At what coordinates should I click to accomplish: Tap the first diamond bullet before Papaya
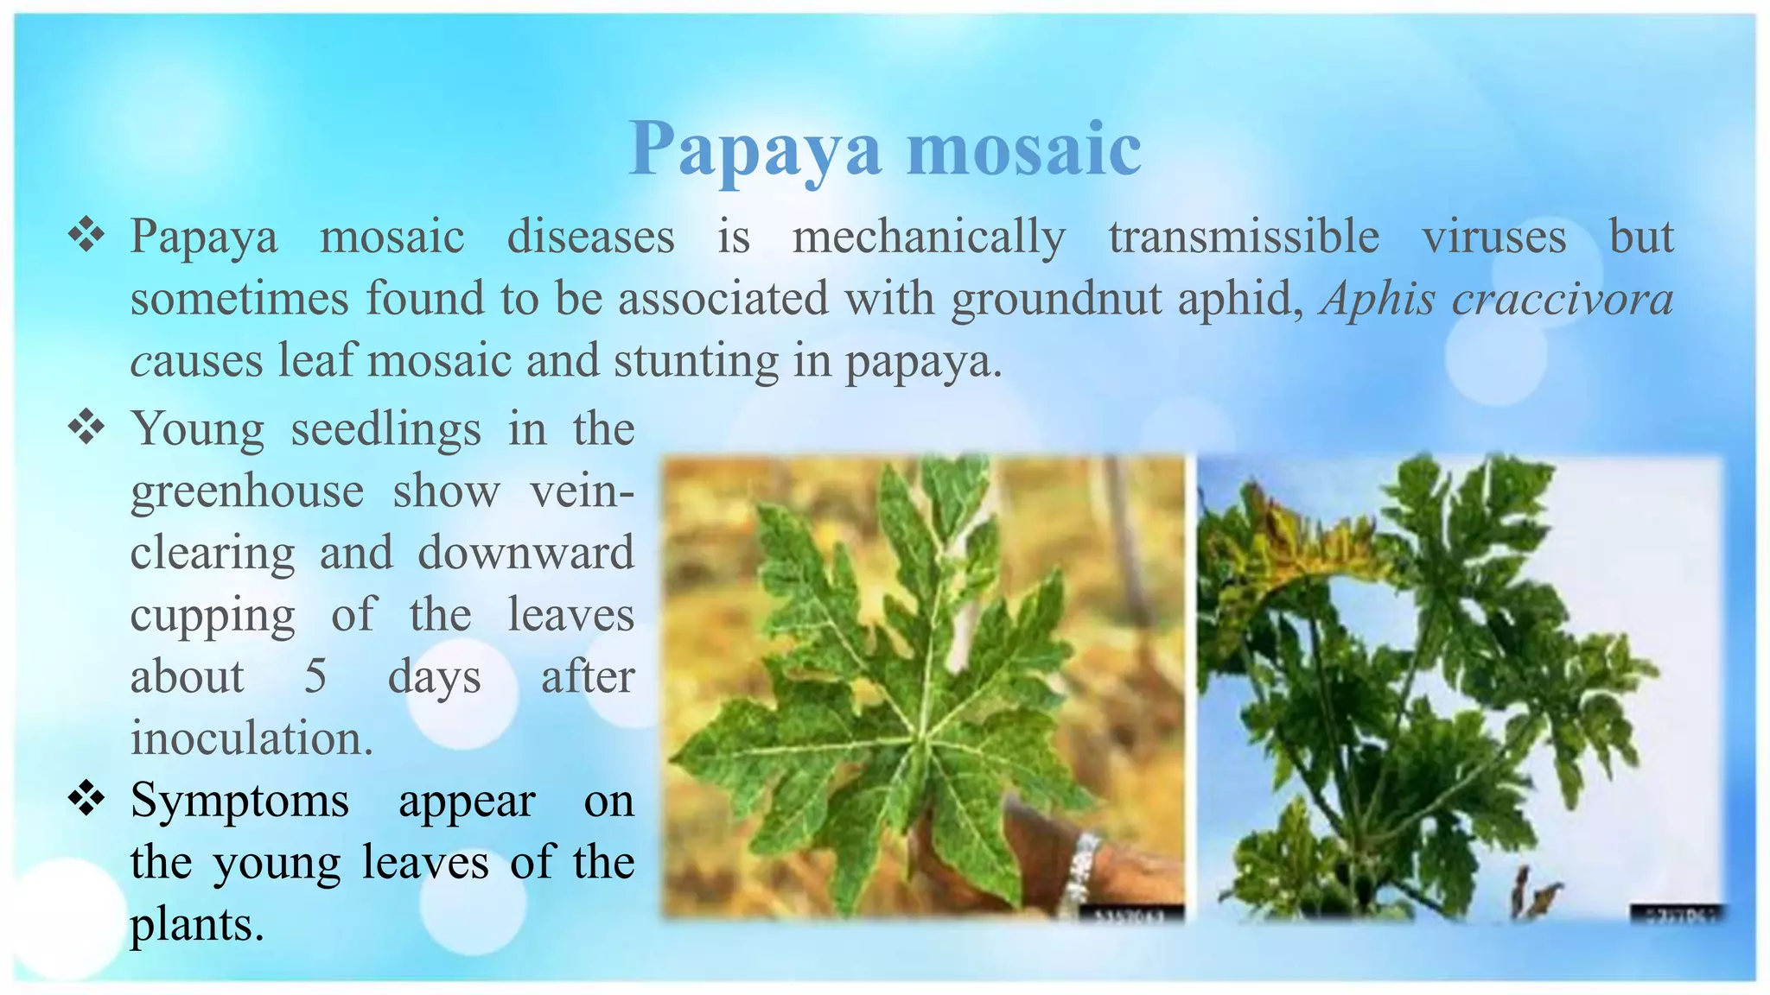click(86, 235)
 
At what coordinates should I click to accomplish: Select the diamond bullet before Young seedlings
click(86, 428)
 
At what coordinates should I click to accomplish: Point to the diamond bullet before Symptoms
click(86, 799)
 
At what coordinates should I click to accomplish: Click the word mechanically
click(928, 238)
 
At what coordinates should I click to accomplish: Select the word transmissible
click(1244, 238)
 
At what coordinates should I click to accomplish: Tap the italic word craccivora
click(1563, 300)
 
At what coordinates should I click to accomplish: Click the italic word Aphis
click(1378, 300)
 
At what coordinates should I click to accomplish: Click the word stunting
click(697, 361)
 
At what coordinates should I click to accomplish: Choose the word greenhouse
click(247, 491)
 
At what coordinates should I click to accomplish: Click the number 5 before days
click(315, 676)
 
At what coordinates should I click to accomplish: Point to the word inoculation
click(251, 738)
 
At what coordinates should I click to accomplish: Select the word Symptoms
click(239, 801)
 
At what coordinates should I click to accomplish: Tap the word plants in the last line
click(196, 924)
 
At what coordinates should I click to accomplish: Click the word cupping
click(213, 615)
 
